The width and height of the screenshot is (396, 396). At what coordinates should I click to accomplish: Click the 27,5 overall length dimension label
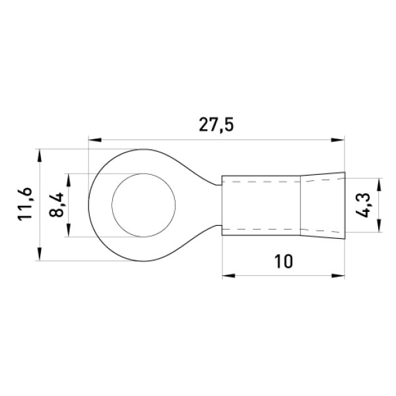click(x=216, y=125)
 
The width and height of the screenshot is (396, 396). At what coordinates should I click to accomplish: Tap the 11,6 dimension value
click(x=25, y=205)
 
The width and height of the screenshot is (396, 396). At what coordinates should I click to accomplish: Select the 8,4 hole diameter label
click(x=56, y=205)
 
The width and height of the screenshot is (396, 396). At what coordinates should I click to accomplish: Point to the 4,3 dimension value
click(x=362, y=205)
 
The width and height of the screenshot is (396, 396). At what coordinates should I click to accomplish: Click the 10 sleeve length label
click(x=283, y=261)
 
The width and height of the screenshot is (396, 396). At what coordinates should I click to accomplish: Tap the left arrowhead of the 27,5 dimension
click(x=95, y=140)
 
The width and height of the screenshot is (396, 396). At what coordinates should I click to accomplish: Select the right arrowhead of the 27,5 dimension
click(x=338, y=140)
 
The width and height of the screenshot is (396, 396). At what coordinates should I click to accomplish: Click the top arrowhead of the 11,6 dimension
click(x=39, y=155)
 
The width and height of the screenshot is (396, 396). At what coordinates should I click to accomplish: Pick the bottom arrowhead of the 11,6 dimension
click(x=39, y=254)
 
